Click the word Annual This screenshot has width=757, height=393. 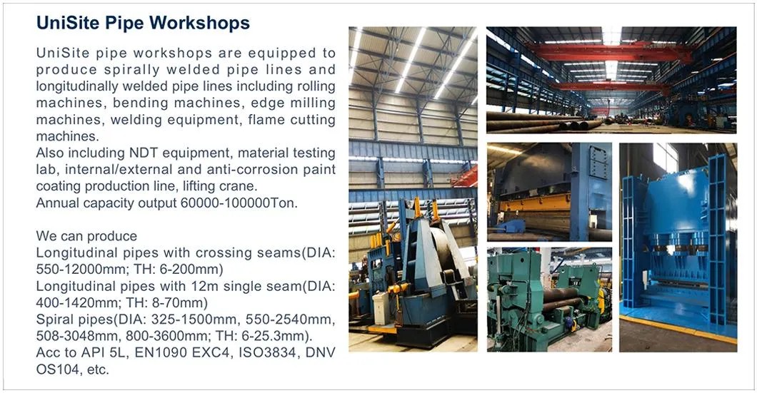(x=56, y=203)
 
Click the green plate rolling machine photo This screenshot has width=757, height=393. (x=548, y=299)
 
